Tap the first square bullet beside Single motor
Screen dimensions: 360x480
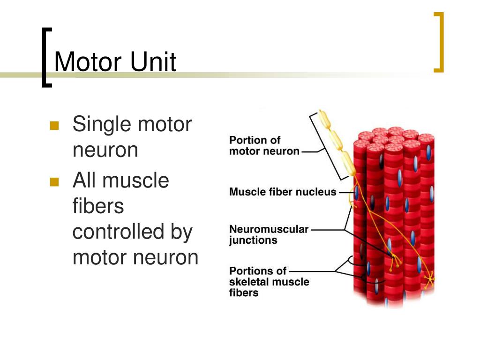point(54,126)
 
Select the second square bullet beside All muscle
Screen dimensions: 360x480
point(54,181)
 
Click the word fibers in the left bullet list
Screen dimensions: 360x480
point(98,206)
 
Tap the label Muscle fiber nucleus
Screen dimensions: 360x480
point(283,192)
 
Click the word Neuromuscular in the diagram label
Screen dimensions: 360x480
point(269,229)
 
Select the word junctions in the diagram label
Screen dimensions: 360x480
point(253,240)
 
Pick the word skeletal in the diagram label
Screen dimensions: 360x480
point(247,282)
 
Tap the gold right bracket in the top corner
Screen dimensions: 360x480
point(439,42)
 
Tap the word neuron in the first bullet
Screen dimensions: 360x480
point(105,150)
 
